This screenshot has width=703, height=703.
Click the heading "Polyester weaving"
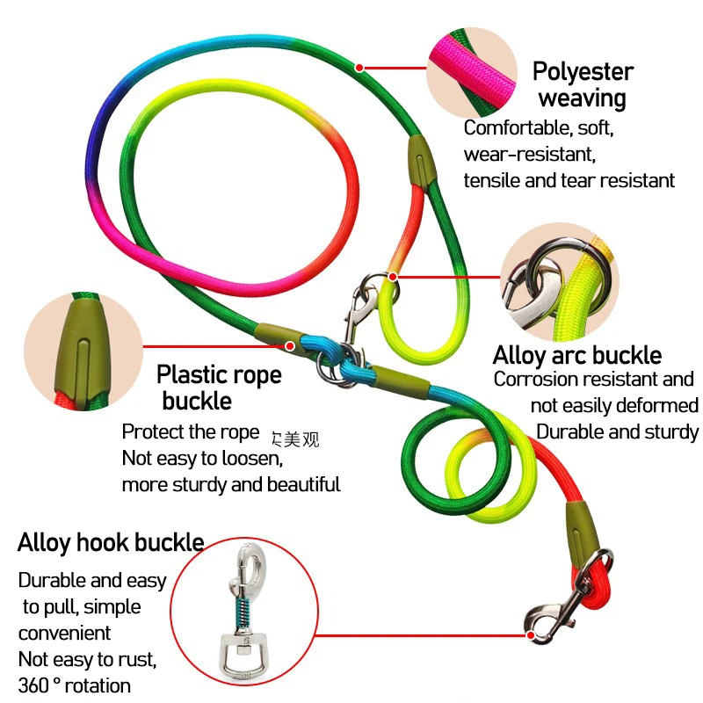coord(582,84)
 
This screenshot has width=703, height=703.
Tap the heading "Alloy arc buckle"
coord(576,356)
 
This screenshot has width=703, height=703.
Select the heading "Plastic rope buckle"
coord(218,388)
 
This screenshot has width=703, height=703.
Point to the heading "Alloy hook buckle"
coord(111,542)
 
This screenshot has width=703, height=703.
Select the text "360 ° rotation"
coord(74,685)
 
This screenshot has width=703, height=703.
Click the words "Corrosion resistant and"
coord(594,380)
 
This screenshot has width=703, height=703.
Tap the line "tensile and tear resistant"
coord(569,180)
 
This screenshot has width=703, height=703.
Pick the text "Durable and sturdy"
coord(618,431)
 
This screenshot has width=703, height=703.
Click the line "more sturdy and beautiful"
coord(231,484)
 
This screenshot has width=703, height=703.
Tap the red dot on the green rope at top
coord(359,67)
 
